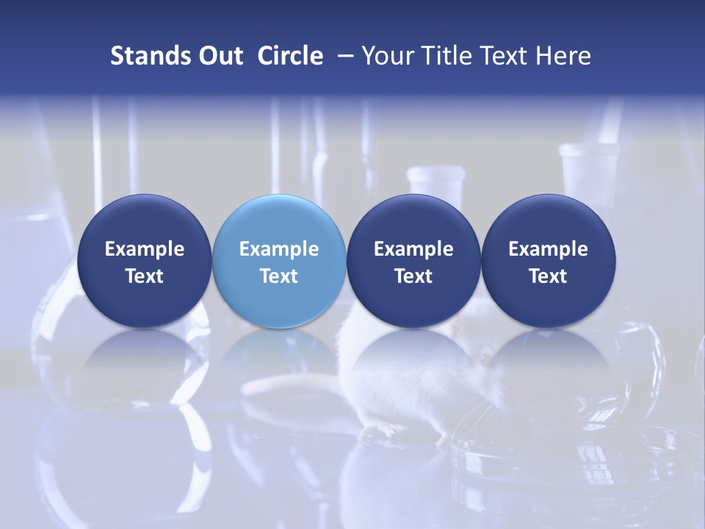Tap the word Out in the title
point(218,56)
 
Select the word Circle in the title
point(290,56)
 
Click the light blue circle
point(279,261)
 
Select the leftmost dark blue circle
point(144,261)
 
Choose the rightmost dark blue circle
point(548,261)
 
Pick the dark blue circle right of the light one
point(413,261)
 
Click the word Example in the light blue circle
point(279,249)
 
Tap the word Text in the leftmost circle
point(144,276)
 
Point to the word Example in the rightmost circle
point(548,249)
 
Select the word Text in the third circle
point(413,276)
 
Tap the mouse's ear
point(485,358)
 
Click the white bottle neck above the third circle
point(436,184)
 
